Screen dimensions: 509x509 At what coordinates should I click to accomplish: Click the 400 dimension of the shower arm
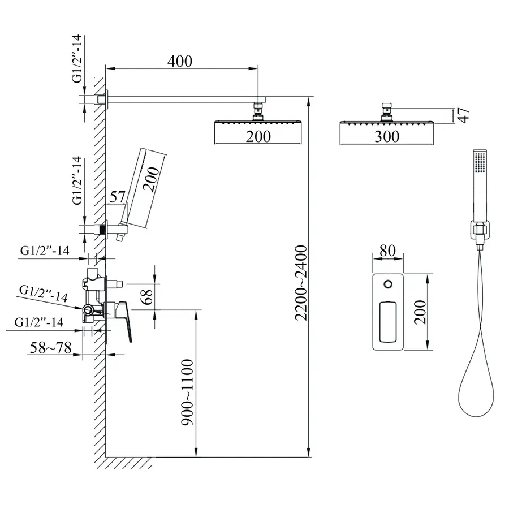coord(179,61)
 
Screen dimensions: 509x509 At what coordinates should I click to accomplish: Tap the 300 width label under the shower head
coord(387,136)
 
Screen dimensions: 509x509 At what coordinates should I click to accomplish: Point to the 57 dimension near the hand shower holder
coord(118,197)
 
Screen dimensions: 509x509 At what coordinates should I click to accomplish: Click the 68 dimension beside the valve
coord(148,296)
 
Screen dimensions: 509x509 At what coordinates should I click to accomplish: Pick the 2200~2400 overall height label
coord(301,283)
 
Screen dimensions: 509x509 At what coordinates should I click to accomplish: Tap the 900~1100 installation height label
coord(187,392)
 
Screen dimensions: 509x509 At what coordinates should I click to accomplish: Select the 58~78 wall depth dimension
coord(51,348)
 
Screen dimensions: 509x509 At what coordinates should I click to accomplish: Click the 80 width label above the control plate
coord(387,251)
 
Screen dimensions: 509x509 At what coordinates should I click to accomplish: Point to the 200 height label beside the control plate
coord(420,312)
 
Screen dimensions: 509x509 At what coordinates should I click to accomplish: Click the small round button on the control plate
coord(388,284)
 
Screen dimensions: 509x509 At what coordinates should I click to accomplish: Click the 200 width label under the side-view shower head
coord(258,136)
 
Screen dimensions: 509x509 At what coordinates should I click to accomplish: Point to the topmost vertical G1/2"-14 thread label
coord(77,59)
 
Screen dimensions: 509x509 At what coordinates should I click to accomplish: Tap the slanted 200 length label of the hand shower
coord(151,179)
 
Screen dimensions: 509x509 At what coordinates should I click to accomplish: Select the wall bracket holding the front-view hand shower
coord(480,231)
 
